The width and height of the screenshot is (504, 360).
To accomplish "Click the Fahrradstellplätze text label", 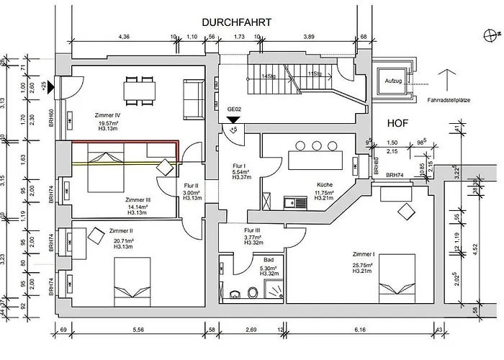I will click(x=448, y=99).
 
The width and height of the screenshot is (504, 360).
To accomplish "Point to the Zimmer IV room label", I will click(x=107, y=114).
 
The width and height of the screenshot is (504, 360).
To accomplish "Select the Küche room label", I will click(x=324, y=184).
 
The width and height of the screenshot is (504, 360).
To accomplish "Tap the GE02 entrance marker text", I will click(x=234, y=110).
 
